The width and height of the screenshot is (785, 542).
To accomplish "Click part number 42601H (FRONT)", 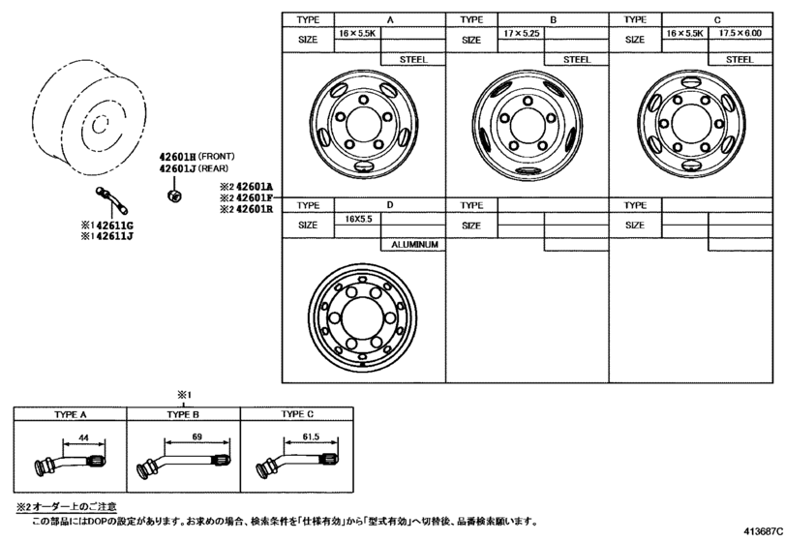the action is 196,157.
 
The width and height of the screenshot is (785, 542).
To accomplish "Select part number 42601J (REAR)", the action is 194,168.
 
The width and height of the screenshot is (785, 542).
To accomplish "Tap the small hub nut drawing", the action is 173,195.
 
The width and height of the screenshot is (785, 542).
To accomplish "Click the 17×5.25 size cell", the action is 521,33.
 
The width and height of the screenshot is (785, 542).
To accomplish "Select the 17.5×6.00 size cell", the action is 740,33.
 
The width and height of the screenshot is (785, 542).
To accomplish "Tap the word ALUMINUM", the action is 414,245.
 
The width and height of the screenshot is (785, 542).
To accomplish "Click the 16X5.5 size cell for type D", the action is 358,219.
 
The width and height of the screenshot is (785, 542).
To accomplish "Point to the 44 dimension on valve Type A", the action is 83,437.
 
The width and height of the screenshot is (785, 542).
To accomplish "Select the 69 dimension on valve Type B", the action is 197,437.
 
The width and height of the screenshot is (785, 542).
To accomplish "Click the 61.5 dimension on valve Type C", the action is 311,437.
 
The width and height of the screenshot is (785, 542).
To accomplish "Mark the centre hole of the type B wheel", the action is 528,124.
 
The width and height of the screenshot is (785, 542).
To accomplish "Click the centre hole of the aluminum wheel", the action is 362,317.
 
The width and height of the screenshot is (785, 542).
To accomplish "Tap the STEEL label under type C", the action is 740,60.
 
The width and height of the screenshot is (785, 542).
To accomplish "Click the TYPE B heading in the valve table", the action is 183,414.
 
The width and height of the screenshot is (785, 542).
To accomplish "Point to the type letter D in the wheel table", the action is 390,204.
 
